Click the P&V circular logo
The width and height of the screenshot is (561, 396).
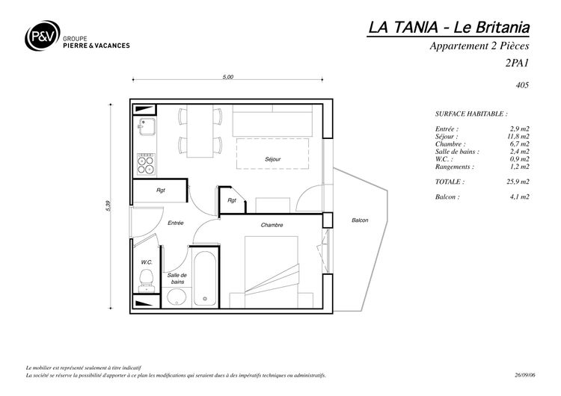pyautogui.click(x=42, y=35)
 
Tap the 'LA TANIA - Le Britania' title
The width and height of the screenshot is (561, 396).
pyautogui.click(x=449, y=28)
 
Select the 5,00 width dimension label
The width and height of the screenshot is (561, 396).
pyautogui.click(x=228, y=77)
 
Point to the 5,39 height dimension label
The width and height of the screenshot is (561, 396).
pyautogui.click(x=108, y=206)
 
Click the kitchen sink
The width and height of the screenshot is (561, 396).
pyautogui.click(x=147, y=126)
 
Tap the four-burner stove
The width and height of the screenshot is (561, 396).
pyautogui.click(x=147, y=164)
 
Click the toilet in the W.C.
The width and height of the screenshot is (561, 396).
pyautogui.click(x=146, y=280)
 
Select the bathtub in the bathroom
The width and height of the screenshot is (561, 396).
pyautogui.click(x=205, y=279)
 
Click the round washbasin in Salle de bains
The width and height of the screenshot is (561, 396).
pyautogui.click(x=177, y=297)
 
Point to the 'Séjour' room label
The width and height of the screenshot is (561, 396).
pyautogui.click(x=272, y=159)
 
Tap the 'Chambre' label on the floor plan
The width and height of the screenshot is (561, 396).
pyautogui.click(x=272, y=225)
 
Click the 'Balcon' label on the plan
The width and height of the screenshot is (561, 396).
pyautogui.click(x=360, y=220)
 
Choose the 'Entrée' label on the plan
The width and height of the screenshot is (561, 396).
pyautogui.click(x=176, y=223)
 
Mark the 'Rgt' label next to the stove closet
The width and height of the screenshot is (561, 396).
pyautogui.click(x=161, y=190)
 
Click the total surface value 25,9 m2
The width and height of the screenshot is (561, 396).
pyautogui.click(x=518, y=182)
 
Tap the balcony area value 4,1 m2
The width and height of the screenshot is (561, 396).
pyautogui.click(x=520, y=197)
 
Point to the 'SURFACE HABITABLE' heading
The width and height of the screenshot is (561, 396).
pyautogui.click(x=471, y=114)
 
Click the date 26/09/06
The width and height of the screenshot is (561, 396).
pyautogui.click(x=525, y=375)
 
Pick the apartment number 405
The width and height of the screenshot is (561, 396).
pyautogui.click(x=522, y=85)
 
